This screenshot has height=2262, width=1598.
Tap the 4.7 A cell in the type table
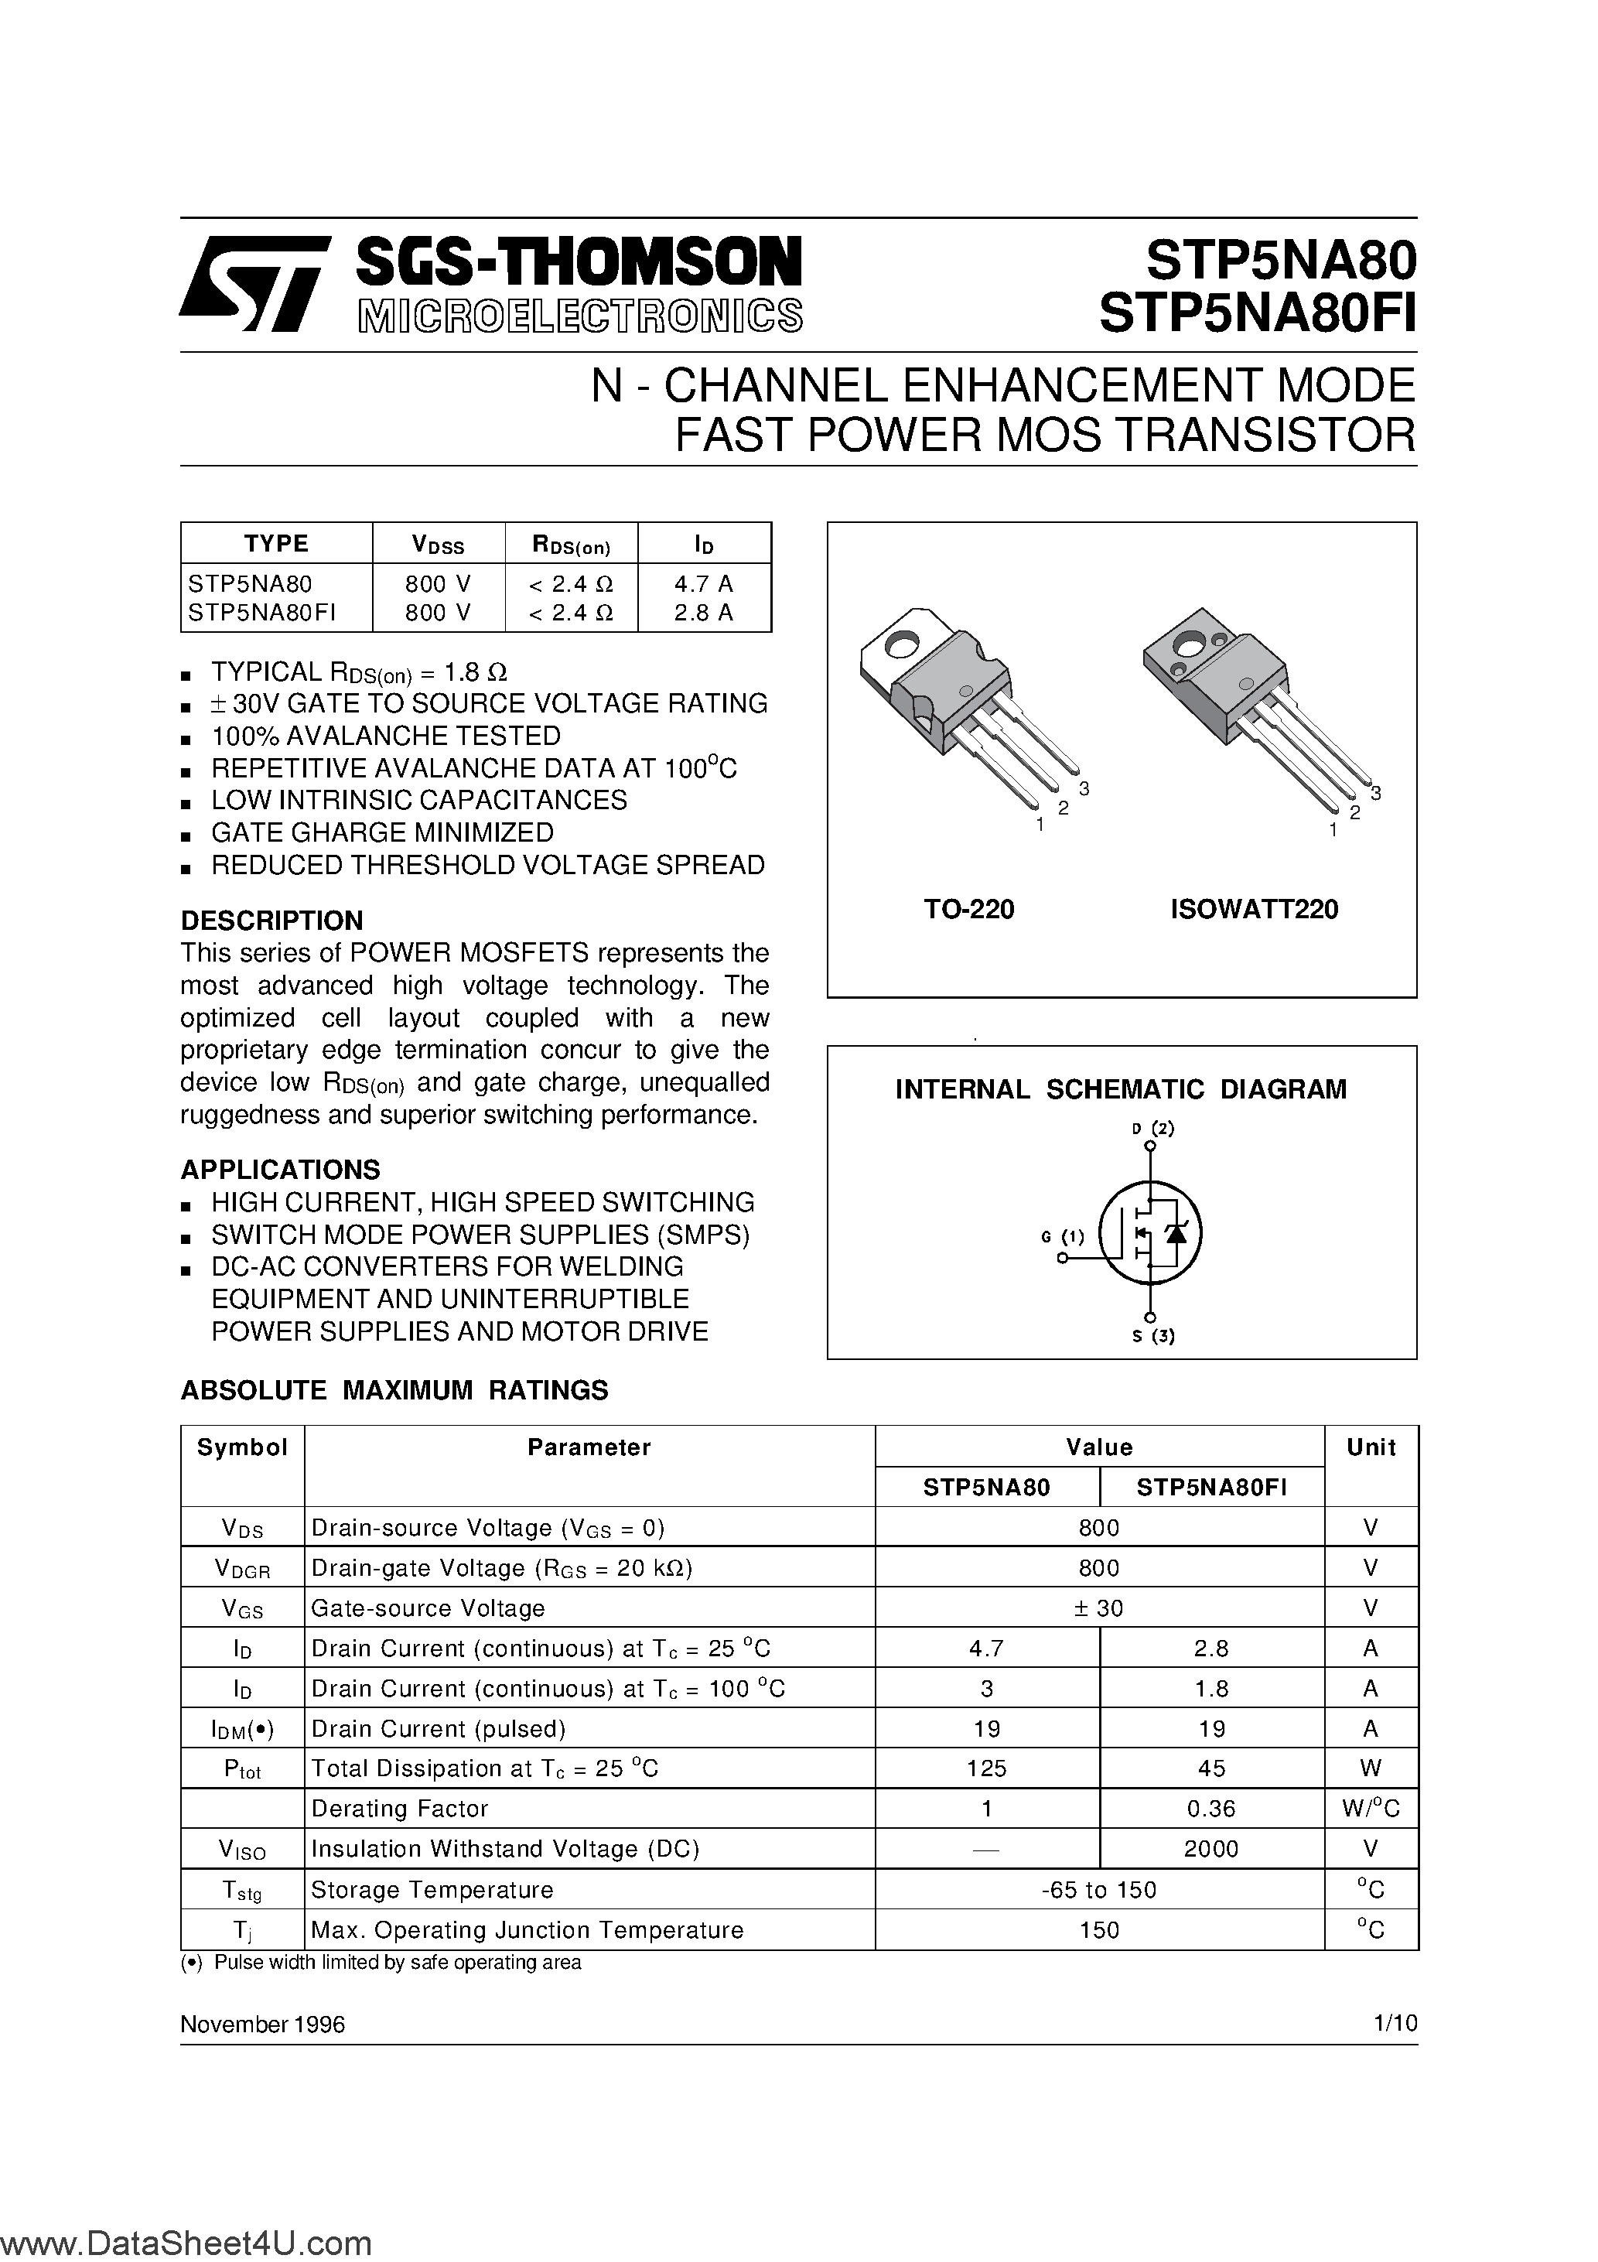pos(703,583)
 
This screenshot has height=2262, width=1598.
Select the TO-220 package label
pos(968,909)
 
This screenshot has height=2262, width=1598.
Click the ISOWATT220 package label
pos(1254,909)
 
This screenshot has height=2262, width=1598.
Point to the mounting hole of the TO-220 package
pos(900,645)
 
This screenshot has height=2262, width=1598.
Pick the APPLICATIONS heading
pos(280,1170)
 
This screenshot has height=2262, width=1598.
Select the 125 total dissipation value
pos(986,1768)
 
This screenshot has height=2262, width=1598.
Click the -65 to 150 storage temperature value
pos(1098,1890)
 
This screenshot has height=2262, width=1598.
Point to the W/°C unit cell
pos(1371,1809)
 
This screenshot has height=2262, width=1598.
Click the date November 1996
pos(263,2024)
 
